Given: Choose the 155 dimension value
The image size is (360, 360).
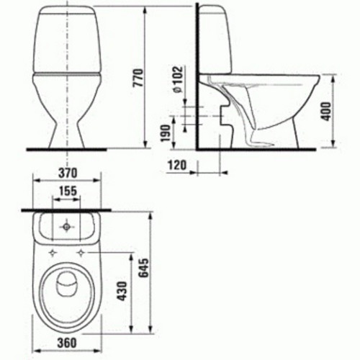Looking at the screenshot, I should [x=68, y=192].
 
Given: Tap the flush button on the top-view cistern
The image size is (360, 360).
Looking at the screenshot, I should [x=67, y=228].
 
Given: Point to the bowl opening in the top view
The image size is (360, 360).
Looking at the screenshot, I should [x=67, y=292].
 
